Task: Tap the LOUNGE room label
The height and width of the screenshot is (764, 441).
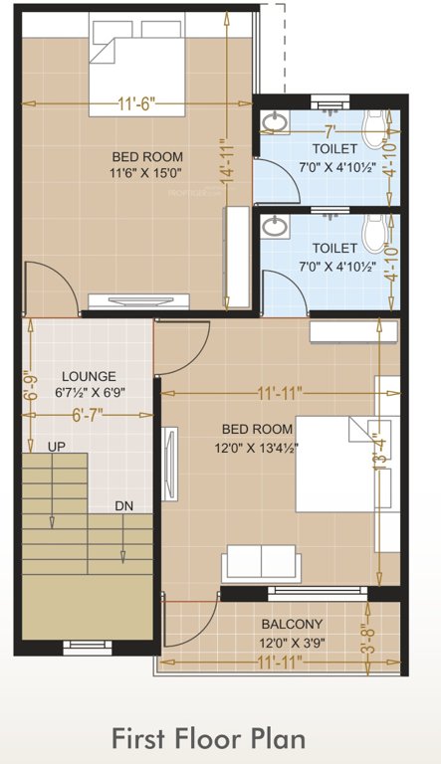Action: (89, 377)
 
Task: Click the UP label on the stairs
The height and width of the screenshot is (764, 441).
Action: (56, 448)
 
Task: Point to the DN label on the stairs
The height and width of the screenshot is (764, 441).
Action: (123, 506)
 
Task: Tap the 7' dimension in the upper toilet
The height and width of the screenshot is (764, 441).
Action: (328, 130)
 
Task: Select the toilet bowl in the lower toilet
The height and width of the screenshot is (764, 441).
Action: (375, 235)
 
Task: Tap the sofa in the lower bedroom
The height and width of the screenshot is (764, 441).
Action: (262, 562)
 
